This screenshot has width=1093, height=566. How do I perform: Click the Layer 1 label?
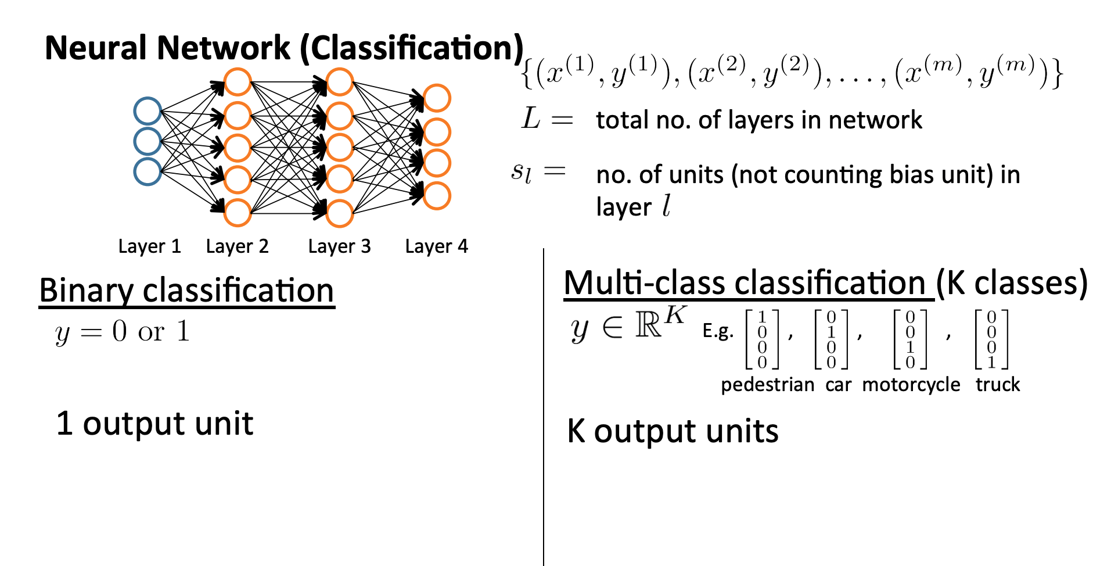[x=149, y=246]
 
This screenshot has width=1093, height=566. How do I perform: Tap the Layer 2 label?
[x=237, y=246]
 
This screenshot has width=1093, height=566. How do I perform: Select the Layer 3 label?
[x=339, y=246]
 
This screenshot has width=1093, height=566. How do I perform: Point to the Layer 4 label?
[x=436, y=246]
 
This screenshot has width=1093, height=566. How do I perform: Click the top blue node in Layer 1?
[x=148, y=111]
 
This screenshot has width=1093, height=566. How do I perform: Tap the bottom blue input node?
[x=148, y=171]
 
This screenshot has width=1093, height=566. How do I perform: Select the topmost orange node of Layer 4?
[x=437, y=98]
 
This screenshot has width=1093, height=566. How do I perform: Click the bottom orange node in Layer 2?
[x=238, y=213]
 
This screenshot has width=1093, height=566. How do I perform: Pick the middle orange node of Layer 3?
[x=340, y=148]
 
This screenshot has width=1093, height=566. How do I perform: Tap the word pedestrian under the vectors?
[x=767, y=385]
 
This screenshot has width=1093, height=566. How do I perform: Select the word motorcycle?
[x=911, y=385]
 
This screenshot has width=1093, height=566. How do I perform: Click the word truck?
[x=997, y=385]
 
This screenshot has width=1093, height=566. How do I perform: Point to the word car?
[x=838, y=385]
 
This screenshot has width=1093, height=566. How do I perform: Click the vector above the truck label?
[x=991, y=340]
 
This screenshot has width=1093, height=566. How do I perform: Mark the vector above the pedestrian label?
[x=762, y=340]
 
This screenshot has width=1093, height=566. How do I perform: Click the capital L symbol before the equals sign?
[x=531, y=119]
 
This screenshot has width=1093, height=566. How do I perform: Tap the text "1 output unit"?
[x=154, y=423]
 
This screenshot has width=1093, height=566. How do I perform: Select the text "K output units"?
[x=673, y=431]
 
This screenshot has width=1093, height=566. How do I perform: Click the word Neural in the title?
[x=96, y=48]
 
